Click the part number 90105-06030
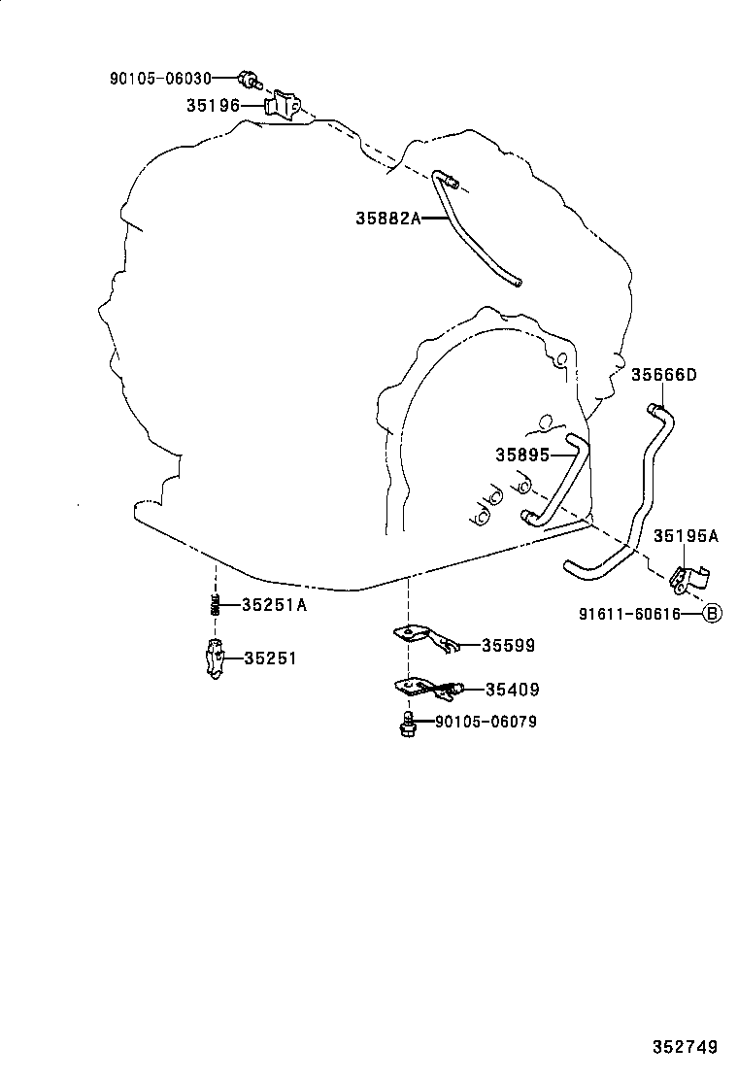point(160,79)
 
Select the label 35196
point(213,106)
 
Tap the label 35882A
point(387,219)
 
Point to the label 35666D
point(664,375)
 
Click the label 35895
point(522,455)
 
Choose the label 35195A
point(685,536)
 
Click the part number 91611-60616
point(629,614)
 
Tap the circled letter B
point(713,613)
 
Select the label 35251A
point(274,605)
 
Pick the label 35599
point(508,646)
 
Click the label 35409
point(512,690)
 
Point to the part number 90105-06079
point(486,722)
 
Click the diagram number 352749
point(685,1047)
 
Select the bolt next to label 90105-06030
point(250,80)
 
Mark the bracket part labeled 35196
point(284,106)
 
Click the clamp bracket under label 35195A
point(688,578)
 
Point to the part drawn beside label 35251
point(216,658)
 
